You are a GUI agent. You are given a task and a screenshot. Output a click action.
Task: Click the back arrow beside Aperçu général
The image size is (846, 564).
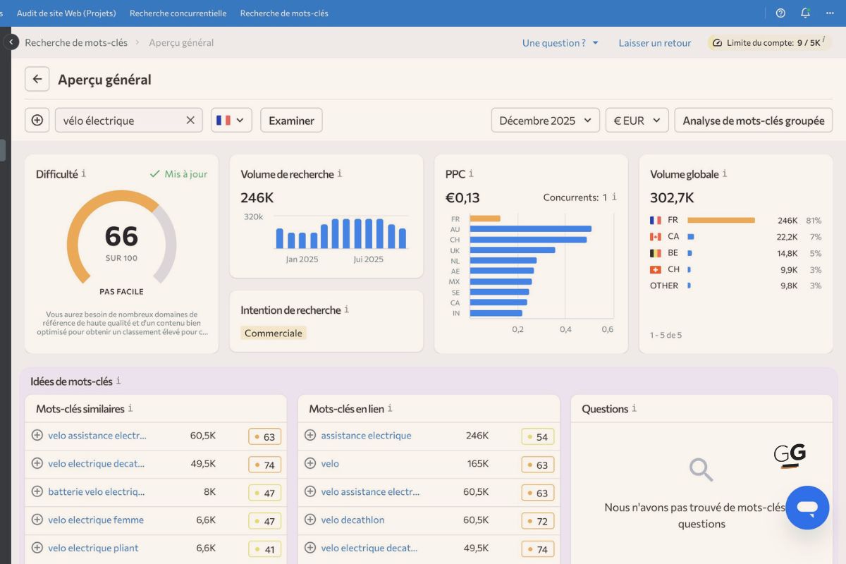point(37,79)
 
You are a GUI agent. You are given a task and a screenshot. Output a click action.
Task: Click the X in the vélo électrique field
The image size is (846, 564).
point(190,121)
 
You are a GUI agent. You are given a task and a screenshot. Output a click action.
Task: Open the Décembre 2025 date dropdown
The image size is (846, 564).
point(545,121)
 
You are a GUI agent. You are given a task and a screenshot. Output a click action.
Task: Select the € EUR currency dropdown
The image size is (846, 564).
point(637,121)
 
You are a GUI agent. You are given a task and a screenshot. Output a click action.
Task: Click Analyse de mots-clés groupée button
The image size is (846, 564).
point(753,121)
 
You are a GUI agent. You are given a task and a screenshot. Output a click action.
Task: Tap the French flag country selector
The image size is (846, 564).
point(231,121)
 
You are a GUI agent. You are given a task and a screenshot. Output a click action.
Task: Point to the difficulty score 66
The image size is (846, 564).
point(121,236)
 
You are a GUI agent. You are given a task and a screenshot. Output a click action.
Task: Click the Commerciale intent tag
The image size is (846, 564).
point(274,333)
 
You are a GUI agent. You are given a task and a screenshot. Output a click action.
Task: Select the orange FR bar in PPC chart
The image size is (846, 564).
point(485,219)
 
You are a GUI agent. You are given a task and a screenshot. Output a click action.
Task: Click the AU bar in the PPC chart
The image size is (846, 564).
point(530,229)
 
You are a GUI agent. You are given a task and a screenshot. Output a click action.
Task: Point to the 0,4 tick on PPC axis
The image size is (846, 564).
point(565,329)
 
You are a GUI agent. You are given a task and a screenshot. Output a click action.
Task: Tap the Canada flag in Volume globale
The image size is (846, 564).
point(656,237)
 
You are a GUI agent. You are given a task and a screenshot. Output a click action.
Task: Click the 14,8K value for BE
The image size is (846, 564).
point(787,253)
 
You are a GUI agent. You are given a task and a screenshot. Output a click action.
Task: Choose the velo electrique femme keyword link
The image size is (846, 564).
point(96,520)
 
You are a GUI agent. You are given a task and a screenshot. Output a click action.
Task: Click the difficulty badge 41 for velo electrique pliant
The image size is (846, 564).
point(265,549)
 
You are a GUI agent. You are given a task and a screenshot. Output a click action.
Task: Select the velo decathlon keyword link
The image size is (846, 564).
point(352,520)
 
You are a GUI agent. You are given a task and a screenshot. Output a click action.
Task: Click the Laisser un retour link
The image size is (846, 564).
point(655,43)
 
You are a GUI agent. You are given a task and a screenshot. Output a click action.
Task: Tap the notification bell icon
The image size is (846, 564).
point(805,13)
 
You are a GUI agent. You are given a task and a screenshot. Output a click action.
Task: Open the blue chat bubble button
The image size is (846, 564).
point(807,508)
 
